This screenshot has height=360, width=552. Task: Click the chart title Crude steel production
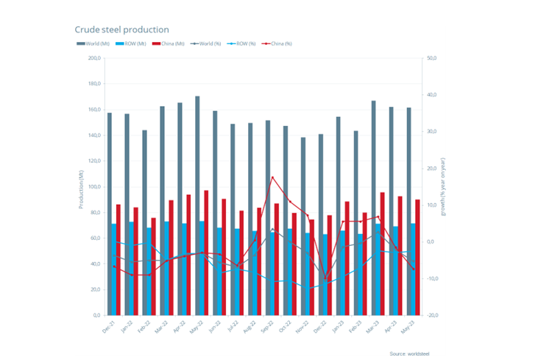[121, 29]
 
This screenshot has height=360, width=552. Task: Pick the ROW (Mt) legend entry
[131, 44]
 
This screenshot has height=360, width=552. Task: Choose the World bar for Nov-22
[302, 225]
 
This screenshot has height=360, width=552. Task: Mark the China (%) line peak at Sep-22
[272, 177]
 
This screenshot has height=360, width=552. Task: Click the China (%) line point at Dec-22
[325, 280]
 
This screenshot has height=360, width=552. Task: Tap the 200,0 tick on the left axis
[93, 58]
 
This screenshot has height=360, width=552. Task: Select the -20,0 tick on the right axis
[434, 315]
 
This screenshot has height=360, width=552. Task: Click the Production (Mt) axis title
[81, 187]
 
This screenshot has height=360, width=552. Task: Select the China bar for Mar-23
[383, 253]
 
